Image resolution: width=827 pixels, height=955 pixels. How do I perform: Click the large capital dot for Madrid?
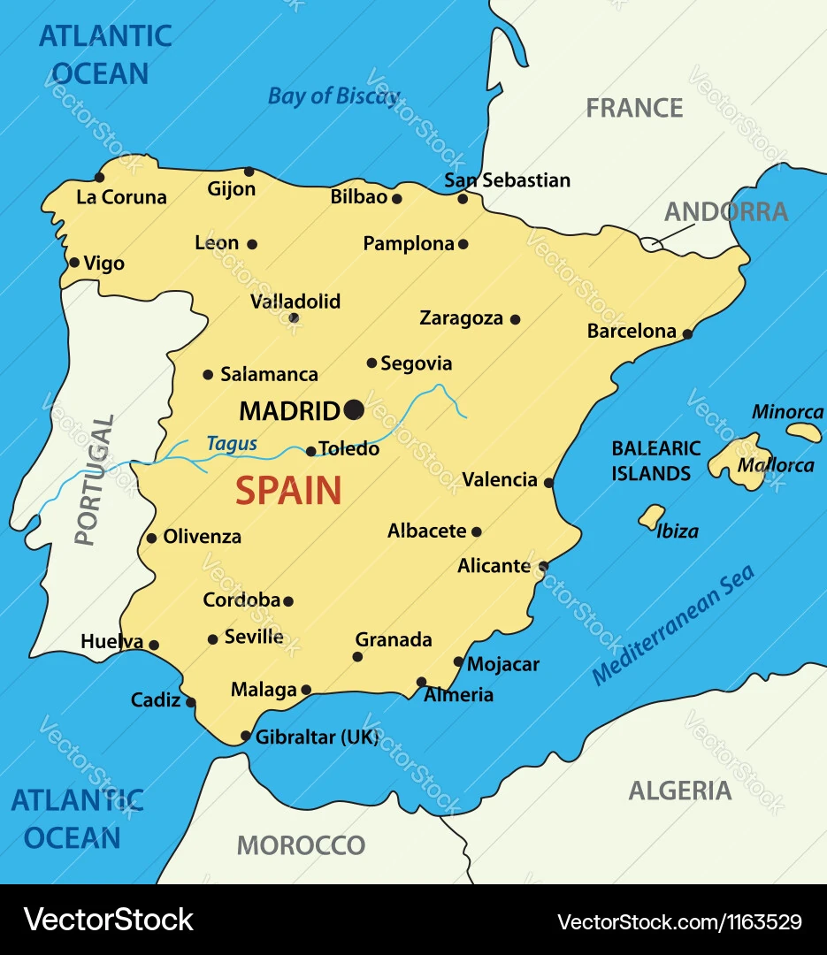tap(354, 409)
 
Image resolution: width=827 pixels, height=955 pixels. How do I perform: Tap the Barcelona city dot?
tap(687, 333)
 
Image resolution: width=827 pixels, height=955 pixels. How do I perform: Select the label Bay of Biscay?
tap(333, 96)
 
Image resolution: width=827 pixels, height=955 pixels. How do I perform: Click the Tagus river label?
tap(232, 444)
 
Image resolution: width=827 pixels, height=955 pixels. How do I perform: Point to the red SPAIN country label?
tap(288, 491)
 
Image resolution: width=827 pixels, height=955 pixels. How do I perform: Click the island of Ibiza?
tap(652, 516)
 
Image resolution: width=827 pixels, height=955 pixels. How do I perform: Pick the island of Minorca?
tap(805, 432)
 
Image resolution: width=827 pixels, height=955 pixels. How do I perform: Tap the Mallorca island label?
tap(776, 465)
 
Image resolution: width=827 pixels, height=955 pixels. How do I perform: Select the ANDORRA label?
tap(725, 212)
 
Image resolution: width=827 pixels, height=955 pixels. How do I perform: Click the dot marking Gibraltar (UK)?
tap(246, 736)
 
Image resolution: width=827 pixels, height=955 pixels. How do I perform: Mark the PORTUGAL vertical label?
tap(94, 480)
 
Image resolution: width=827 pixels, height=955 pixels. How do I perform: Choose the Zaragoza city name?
tap(461, 318)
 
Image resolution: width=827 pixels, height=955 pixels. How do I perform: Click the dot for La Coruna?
tap(100, 178)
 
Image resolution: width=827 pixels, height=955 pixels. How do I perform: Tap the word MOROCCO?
tap(301, 845)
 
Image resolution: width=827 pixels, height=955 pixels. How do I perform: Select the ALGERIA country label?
tap(679, 791)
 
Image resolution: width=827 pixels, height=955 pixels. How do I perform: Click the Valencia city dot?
tap(548, 483)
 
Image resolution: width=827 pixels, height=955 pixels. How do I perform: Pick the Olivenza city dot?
tap(151, 538)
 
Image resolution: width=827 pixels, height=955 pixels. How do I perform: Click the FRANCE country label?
tap(634, 108)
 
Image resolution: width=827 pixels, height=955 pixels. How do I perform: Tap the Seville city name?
tap(254, 637)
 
